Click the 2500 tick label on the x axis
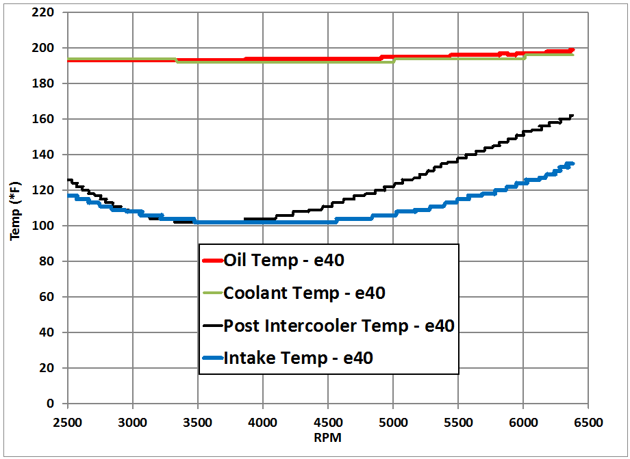(x=67, y=421)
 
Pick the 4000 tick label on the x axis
(x=263, y=421)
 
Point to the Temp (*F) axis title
(x=15, y=208)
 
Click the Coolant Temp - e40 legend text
(x=304, y=293)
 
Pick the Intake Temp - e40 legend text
(x=298, y=358)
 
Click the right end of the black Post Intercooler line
(x=572, y=116)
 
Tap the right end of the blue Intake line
(x=572, y=163)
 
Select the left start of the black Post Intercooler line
(x=68, y=180)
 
